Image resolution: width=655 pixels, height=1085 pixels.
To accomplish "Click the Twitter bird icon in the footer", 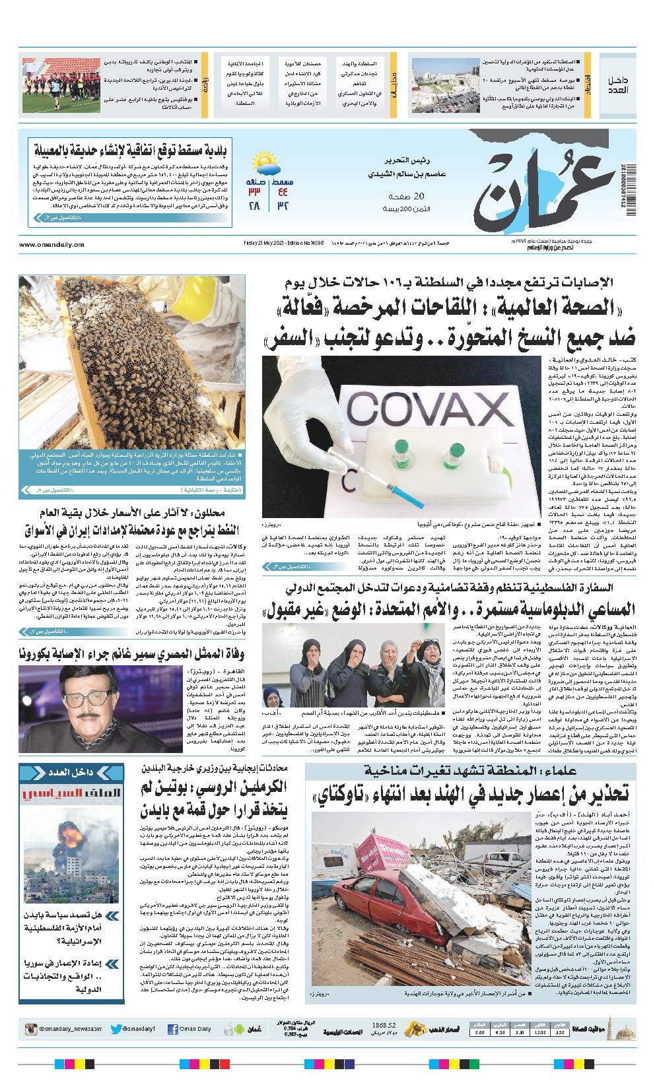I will [x=116, y=1028].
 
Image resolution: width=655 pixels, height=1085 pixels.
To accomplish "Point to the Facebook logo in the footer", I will [x=173, y=1028].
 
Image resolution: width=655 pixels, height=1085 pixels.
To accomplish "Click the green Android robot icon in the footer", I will [x=229, y=1028].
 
